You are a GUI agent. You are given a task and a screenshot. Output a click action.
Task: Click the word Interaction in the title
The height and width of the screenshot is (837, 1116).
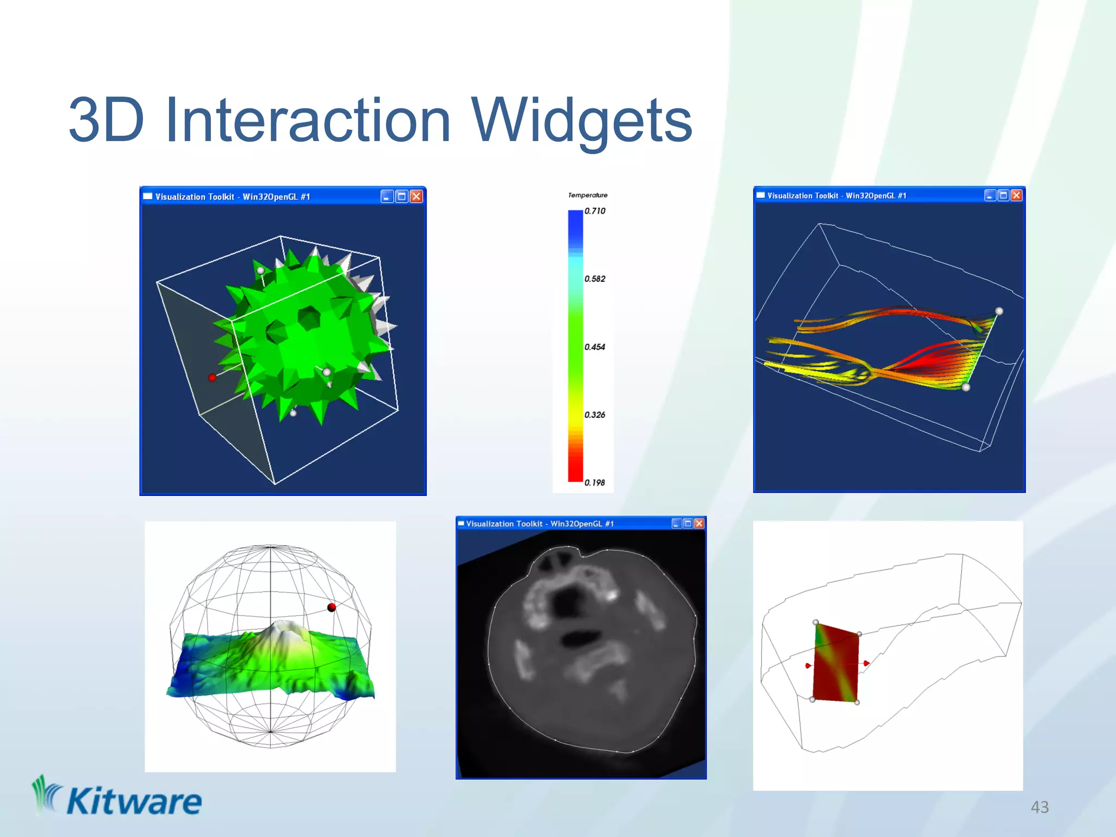pyautogui.click(x=308, y=120)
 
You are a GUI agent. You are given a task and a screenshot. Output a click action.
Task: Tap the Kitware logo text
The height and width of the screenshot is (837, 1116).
pyautogui.click(x=134, y=802)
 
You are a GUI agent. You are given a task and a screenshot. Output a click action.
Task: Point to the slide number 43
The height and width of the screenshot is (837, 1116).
pyautogui.click(x=1039, y=807)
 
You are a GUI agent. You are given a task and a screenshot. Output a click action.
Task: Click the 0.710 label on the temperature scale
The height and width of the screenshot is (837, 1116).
pyautogui.click(x=595, y=211)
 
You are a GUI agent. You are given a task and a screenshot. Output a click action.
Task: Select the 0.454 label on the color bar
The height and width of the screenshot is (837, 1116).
pyautogui.click(x=595, y=347)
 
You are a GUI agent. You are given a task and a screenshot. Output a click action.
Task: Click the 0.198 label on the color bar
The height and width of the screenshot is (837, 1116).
pyautogui.click(x=595, y=483)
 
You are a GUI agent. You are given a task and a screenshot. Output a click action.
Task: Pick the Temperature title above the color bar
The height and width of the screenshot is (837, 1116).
pyautogui.click(x=587, y=195)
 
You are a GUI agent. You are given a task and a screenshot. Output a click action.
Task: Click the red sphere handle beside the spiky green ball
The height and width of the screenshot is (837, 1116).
pyautogui.click(x=212, y=377)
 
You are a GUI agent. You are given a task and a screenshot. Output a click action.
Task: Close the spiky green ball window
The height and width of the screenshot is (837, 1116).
pyautogui.click(x=416, y=197)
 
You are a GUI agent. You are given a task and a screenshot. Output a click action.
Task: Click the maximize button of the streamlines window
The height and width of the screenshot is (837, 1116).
pyautogui.click(x=1003, y=196)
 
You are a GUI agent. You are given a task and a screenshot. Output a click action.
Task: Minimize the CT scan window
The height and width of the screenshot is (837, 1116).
pyautogui.click(x=676, y=524)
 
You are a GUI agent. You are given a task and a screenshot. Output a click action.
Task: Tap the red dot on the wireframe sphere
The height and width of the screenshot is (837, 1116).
pyautogui.click(x=331, y=607)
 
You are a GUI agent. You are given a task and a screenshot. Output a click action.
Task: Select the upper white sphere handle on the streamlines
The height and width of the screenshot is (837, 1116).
pyautogui.click(x=999, y=311)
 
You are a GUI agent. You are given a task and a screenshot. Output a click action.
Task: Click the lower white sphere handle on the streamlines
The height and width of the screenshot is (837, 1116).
pyautogui.click(x=966, y=387)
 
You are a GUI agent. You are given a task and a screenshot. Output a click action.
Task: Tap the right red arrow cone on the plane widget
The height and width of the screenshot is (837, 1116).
pyautogui.click(x=866, y=663)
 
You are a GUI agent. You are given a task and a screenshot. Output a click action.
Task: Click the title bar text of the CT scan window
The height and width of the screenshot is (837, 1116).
pyautogui.click(x=539, y=524)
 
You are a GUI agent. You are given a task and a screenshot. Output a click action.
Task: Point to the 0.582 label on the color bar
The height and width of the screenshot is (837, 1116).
pyautogui.click(x=595, y=279)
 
